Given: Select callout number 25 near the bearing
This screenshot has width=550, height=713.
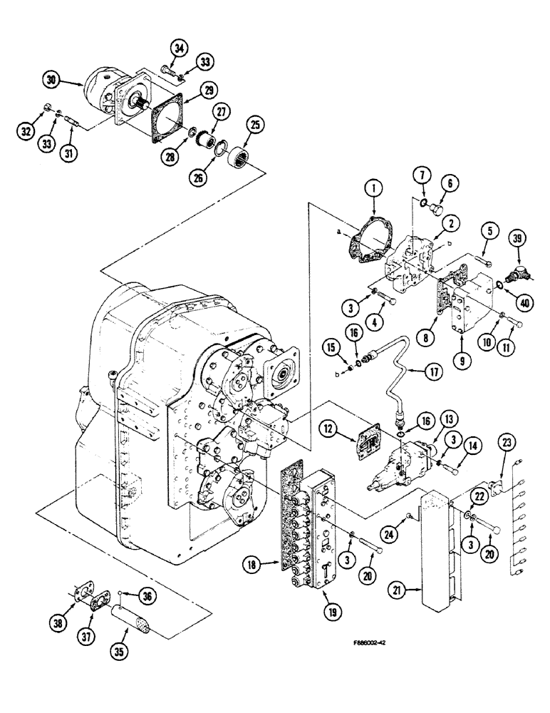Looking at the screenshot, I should [253, 125].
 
